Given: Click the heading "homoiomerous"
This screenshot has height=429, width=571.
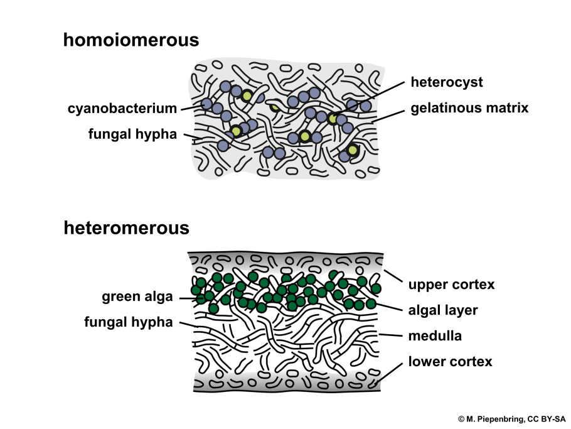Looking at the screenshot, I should pos(131,40).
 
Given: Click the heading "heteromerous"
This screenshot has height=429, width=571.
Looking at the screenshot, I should pos(126,227).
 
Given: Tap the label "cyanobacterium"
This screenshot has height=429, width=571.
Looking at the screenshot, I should pos(122,109).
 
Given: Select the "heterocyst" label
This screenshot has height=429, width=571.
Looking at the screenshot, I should pos(446,82).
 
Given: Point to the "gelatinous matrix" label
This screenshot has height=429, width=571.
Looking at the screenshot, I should pos(469,108).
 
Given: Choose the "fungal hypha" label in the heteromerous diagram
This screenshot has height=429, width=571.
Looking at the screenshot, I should pos(128,322).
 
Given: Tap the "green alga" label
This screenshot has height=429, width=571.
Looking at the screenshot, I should pos(137,296).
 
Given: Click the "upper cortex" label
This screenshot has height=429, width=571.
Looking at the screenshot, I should pos(451,285).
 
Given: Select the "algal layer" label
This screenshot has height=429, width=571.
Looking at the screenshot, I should pos(443,310).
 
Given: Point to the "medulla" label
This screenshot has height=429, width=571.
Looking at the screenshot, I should pos(435,335).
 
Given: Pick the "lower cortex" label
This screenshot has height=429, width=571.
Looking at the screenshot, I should pos(450,362).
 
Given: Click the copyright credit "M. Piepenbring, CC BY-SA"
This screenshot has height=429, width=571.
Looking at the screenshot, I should pos(511,418).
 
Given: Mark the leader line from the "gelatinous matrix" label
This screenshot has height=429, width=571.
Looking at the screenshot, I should pos(389,115).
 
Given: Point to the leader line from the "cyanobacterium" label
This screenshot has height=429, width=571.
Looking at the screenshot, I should pos(190,108).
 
